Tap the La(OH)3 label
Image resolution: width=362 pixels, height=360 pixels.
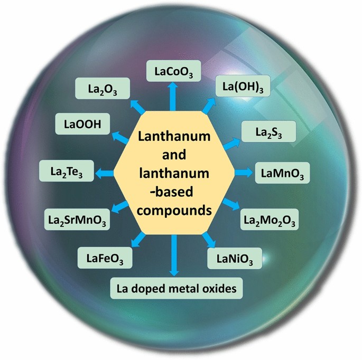[x=244, y=86]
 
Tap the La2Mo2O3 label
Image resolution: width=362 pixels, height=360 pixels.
[x=270, y=218]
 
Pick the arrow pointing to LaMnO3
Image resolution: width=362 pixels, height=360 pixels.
[x=242, y=173]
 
